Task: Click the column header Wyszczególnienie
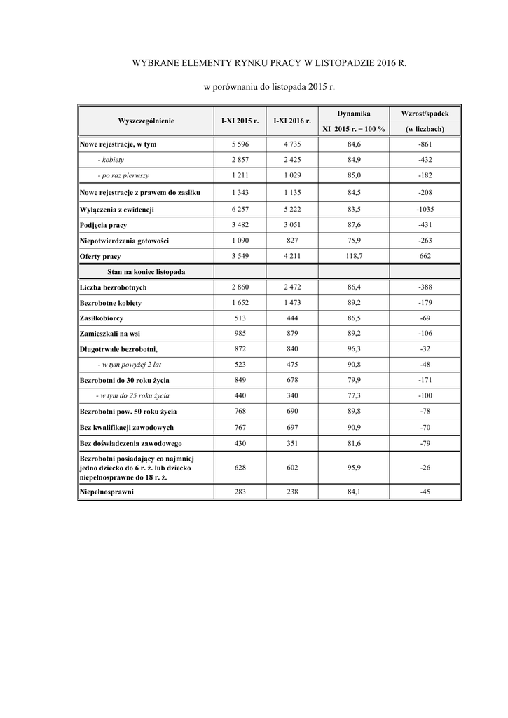coord(146,121)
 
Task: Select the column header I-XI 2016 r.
coord(292,121)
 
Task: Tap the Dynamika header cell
coord(353,113)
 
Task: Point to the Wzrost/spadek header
coord(425,113)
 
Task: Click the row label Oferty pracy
coord(100,257)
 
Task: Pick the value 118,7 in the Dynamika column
coord(353,257)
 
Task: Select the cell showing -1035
coord(425,210)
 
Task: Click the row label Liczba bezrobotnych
coord(113,287)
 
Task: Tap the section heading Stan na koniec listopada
coord(146,271)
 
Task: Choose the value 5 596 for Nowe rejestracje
coord(240,144)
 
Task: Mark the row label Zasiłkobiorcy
coord(102,318)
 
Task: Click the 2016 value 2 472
coord(292,287)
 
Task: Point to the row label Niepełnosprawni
coord(107,492)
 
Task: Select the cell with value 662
coord(425,257)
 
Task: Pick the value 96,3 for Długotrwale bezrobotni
coord(353,349)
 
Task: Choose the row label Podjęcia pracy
coord(104,225)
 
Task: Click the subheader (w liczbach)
coord(425,129)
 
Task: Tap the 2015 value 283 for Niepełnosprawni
coord(240,492)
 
